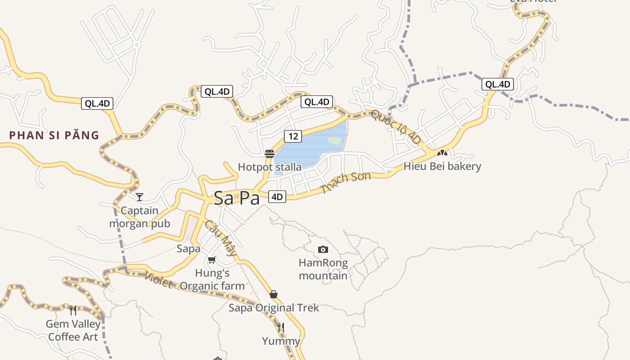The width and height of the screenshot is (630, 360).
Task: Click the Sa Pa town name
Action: pos(237,198)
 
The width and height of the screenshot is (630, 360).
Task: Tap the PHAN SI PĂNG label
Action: pos(54,135)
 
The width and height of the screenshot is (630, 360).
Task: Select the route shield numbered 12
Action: pos(292,136)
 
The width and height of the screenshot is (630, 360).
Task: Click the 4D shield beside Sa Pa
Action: pos(277,197)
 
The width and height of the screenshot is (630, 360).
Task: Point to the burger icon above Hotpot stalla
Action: pos(270,154)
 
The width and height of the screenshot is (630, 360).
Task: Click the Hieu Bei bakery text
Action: pos(442,166)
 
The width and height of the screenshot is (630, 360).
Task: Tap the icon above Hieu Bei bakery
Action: pos(442,153)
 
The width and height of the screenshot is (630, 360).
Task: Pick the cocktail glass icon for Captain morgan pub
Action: pos(139,197)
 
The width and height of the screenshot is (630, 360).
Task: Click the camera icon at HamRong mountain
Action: pos(323,249)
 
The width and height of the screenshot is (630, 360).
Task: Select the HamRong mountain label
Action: pos(323,269)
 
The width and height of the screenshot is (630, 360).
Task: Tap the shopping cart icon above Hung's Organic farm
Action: pos(212,260)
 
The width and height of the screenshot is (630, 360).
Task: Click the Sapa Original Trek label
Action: pos(274,308)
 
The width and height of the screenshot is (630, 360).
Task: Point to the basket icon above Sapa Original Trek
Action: pos(274,294)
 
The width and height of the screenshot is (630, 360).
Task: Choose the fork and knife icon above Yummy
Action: pos(281,327)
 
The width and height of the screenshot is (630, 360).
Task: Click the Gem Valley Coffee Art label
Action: pos(72,330)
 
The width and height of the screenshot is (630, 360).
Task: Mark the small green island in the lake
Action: pos(334,140)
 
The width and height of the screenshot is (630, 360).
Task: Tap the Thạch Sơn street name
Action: pos(346,182)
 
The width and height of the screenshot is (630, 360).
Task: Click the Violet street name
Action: pos(158,280)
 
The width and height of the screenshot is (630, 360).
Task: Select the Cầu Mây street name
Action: pos(220,238)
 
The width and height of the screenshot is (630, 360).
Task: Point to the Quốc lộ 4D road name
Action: pos(396,127)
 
